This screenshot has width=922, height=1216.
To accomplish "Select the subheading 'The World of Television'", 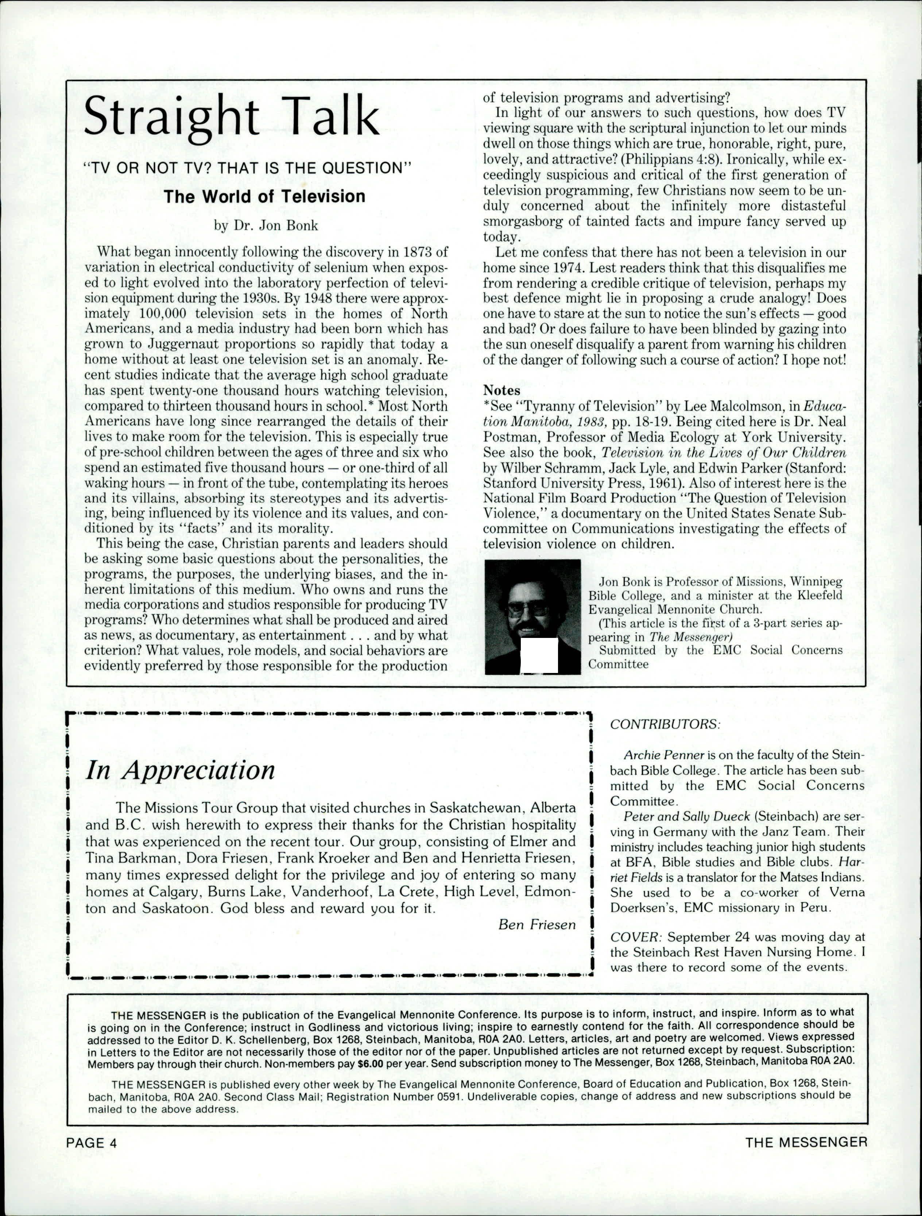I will coord(264,196).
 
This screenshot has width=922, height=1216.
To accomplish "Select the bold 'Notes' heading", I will coord(501,390).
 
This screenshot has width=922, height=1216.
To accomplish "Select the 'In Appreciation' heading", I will coord(180,770).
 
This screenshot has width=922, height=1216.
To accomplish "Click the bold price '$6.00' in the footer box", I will coord(370,1063).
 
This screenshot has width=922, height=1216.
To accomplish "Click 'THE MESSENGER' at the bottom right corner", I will coord(806,1142).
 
